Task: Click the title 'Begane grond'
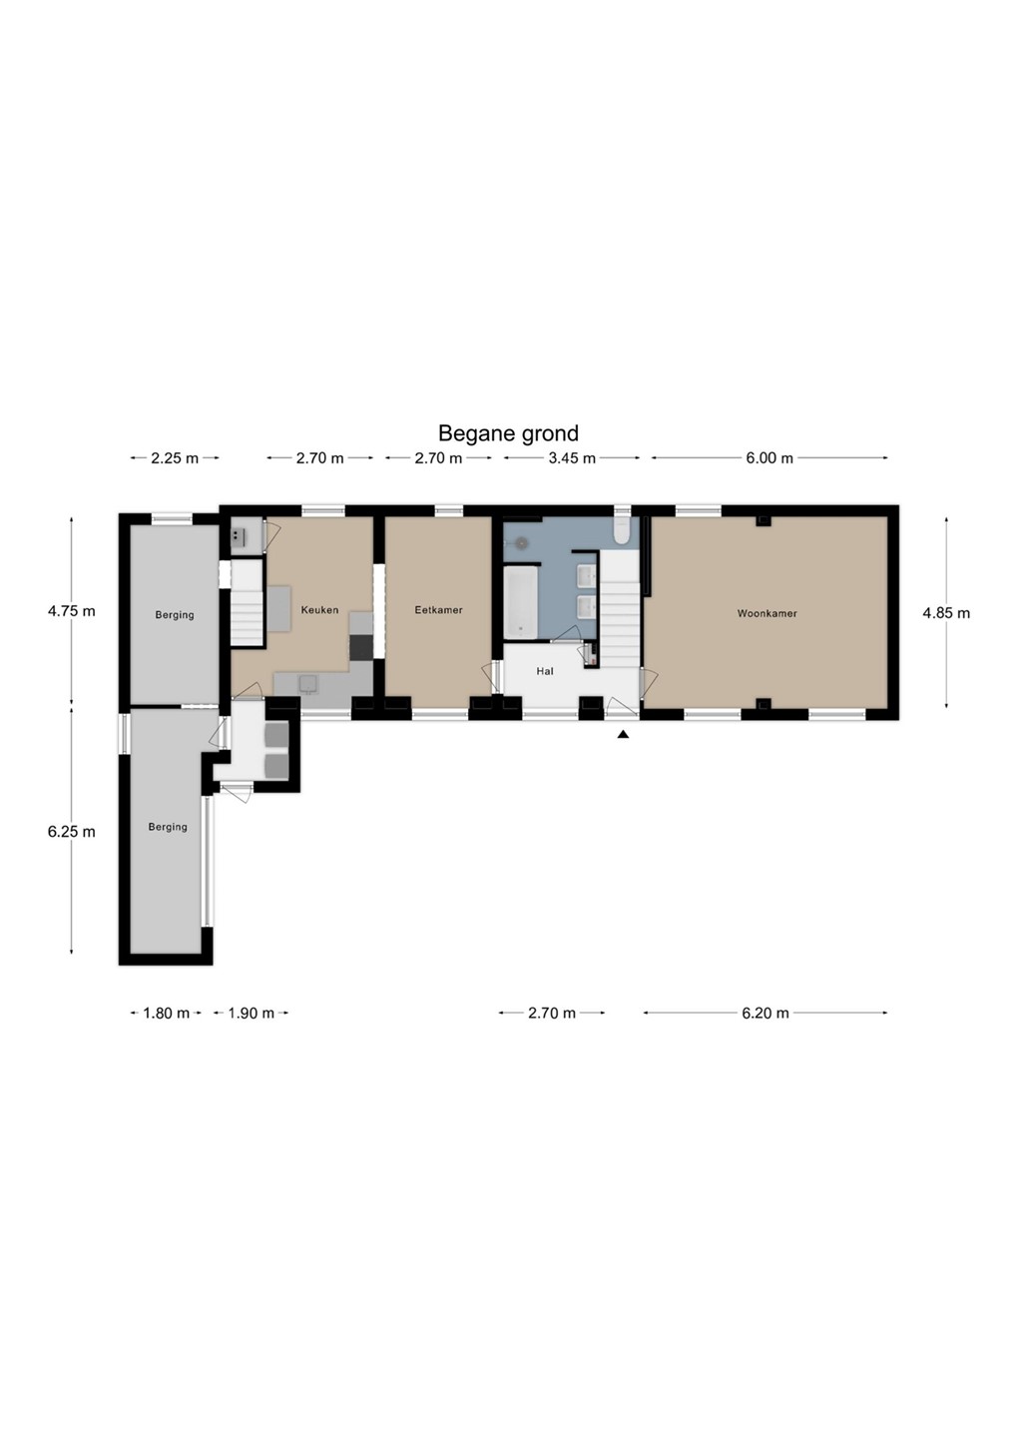coord(508,434)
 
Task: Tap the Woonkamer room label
coord(766,614)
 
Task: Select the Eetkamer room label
coord(438,610)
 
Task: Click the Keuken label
coord(319,610)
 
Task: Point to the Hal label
coord(545,671)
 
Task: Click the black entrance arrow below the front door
coord(623,734)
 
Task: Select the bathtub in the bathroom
coord(520,602)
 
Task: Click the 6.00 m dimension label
coord(769,458)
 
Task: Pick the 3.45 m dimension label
coord(572,458)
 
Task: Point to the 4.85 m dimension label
coord(946,613)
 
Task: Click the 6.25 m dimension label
coord(71,831)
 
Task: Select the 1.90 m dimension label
coord(251,1013)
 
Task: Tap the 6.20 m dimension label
coord(765,1013)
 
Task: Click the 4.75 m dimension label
coord(71,610)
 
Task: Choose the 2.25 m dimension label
coord(175,458)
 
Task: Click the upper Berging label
coord(175,615)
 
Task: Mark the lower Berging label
coord(168,827)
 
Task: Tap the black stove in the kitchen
coord(360,647)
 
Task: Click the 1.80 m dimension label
coord(167,1013)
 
